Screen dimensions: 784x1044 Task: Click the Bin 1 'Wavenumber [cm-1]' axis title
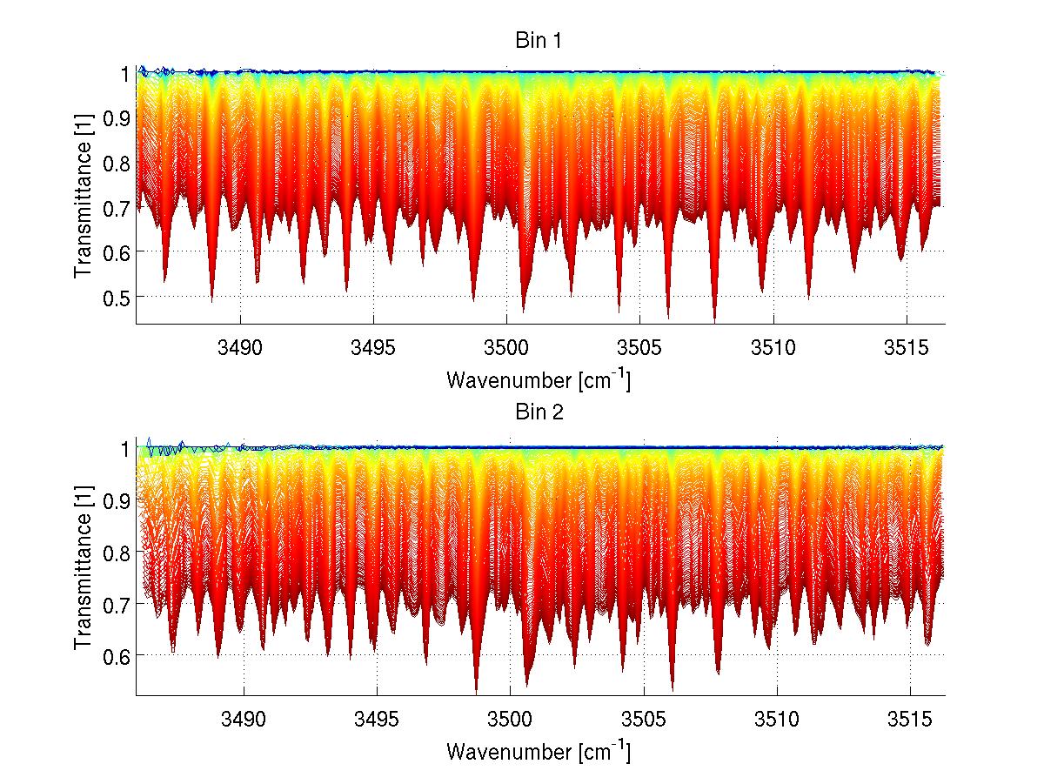click(539, 379)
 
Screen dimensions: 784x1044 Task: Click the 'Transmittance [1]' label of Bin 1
click(83, 198)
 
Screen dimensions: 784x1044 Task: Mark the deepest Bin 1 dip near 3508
click(714, 320)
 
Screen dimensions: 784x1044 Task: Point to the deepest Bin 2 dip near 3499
click(476, 690)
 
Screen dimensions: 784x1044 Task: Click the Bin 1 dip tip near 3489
click(211, 300)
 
